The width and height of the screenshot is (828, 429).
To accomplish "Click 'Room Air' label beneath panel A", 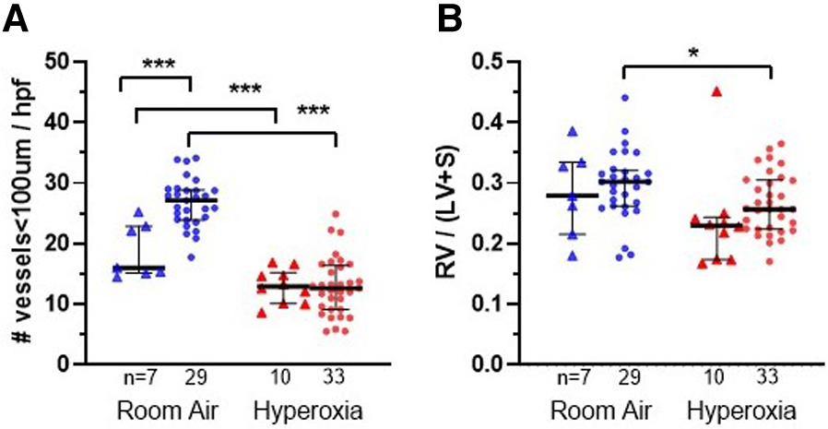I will pos(166,410).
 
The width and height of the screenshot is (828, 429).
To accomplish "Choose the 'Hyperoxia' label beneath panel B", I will pos(743,410).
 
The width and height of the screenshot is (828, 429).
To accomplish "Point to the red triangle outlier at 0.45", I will pos(690,91).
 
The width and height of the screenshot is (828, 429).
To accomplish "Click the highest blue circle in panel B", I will pos(624,97).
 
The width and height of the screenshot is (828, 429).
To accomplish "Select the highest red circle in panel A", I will pos(337,215).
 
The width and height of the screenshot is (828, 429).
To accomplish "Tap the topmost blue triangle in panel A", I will pos(139,213).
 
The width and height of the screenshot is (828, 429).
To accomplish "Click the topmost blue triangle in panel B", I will pos(572,131).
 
